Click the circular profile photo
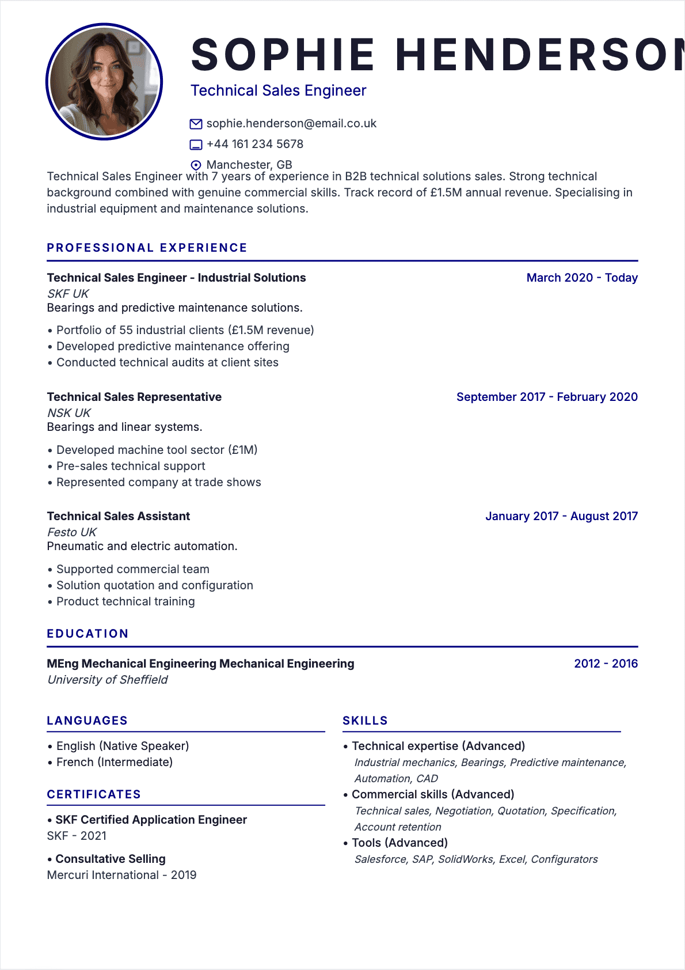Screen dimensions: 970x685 104,81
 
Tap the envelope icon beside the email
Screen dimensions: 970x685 196,124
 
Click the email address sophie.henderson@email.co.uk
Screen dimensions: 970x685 291,123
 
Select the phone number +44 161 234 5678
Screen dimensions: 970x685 254,144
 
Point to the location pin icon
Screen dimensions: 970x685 196,165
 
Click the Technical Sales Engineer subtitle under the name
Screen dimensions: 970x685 278,90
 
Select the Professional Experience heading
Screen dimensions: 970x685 147,248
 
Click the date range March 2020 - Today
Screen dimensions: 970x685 581,278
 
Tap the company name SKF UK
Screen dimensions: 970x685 68,294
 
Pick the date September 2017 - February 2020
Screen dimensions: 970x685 546,397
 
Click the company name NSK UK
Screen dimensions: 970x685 69,413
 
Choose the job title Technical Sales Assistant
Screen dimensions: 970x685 119,516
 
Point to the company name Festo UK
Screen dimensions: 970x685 72,532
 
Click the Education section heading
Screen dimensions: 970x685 87,634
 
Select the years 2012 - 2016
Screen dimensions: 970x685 606,664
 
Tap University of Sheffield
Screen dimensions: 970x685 108,680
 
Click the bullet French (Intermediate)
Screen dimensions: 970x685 114,762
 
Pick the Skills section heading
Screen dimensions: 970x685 365,721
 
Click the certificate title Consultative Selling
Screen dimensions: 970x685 111,859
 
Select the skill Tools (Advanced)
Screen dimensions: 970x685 399,843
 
